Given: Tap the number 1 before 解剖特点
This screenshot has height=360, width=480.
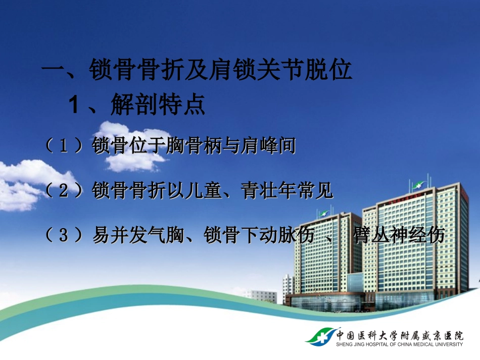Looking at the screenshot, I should click(74, 105).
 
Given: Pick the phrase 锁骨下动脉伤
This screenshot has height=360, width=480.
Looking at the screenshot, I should click(259, 235).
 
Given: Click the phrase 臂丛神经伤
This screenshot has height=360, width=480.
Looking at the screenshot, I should click(399, 235).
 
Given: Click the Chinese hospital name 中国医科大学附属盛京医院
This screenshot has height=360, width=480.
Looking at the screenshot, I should click(399, 335).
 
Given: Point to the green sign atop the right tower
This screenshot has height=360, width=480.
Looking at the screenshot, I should click(418, 185).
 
